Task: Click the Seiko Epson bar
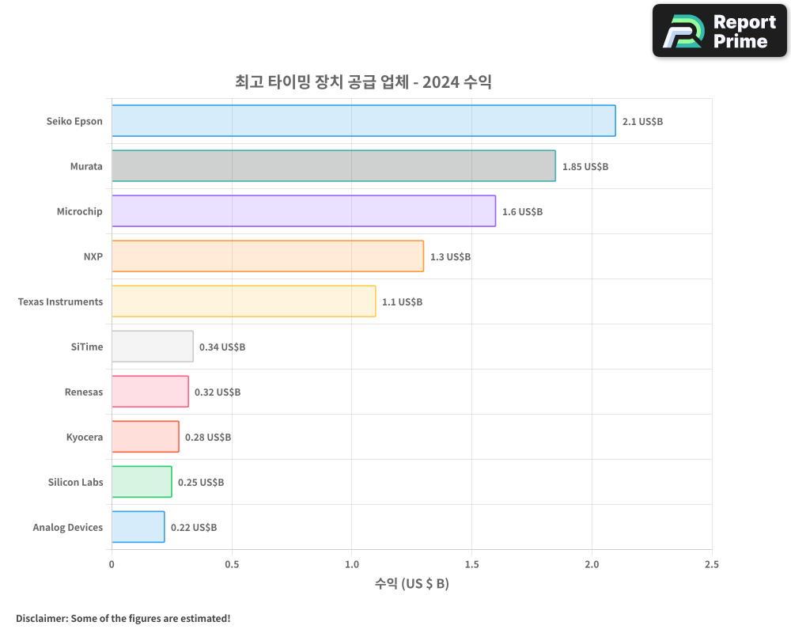(363, 121)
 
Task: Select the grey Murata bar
(333, 166)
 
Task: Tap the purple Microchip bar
(303, 211)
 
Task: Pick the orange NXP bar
(267, 256)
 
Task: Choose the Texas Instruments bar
(243, 301)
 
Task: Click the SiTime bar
(152, 347)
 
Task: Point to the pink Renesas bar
(149, 392)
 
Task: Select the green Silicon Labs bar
(142, 482)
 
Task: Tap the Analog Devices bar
(138, 527)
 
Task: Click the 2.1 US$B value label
(642, 122)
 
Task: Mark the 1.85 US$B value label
(585, 167)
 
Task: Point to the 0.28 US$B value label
(208, 438)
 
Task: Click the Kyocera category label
(85, 438)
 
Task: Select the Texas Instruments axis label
(60, 302)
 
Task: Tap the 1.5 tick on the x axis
(471, 564)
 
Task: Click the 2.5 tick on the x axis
(711, 564)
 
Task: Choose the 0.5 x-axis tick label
(232, 564)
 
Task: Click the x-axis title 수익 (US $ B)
(411, 584)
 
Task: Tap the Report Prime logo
(719, 31)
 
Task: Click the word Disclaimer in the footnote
(41, 618)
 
